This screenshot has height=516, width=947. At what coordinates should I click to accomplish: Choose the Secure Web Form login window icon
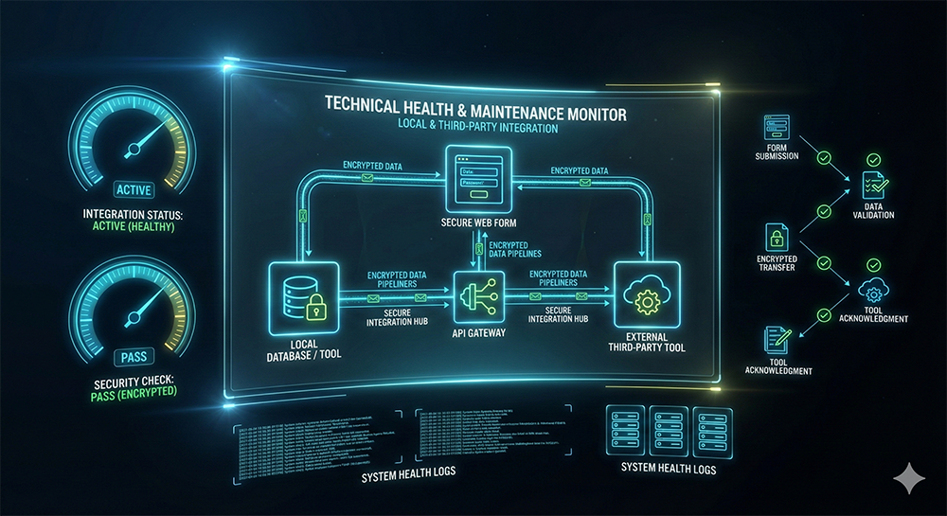tap(473, 178)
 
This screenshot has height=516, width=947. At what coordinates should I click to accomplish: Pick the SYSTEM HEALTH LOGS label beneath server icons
tap(669, 468)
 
